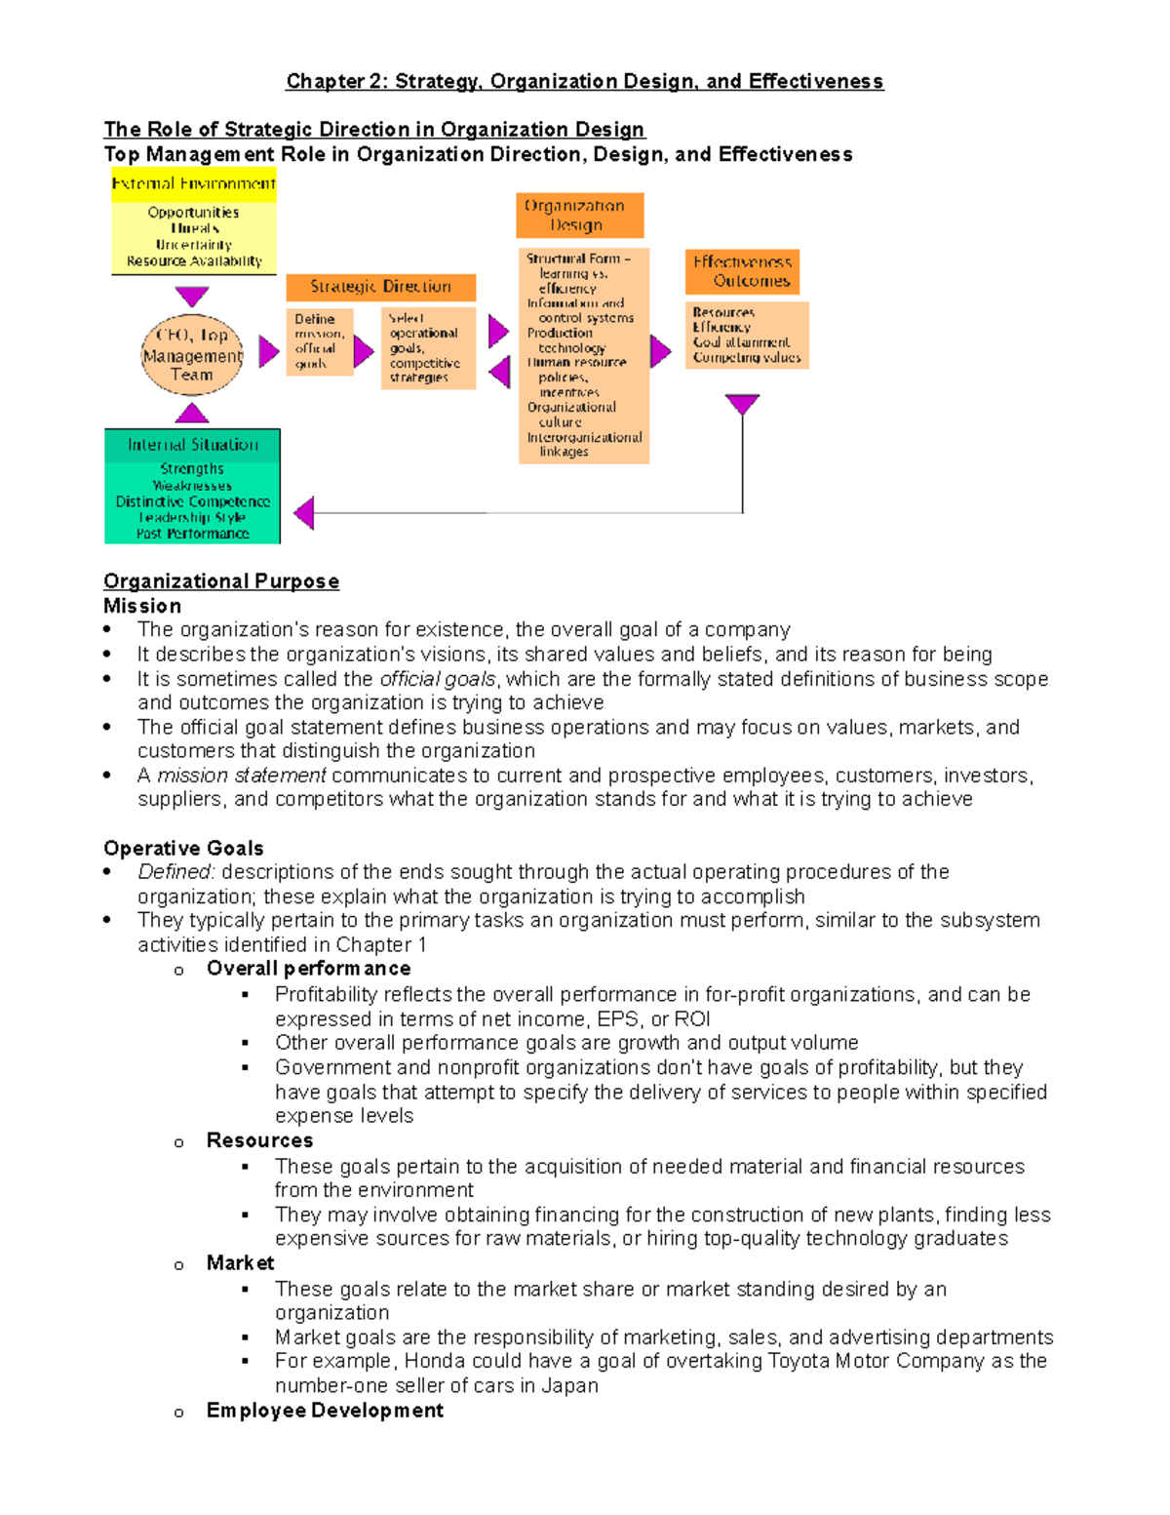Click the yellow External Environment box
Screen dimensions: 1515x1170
pyautogui.click(x=193, y=221)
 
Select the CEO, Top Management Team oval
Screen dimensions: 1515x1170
pyautogui.click(x=192, y=355)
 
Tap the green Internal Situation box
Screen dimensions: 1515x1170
pyautogui.click(x=192, y=486)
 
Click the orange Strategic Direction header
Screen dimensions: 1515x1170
pyautogui.click(x=380, y=287)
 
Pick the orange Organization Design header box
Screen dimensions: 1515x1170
pyautogui.click(x=579, y=216)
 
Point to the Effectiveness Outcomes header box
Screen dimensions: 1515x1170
pyautogui.click(x=742, y=271)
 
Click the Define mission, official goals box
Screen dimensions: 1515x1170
pyautogui.click(x=319, y=341)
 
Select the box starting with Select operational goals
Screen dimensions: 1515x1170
pyautogui.click(x=428, y=348)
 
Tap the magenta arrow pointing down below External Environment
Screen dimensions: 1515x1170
pyautogui.click(x=192, y=296)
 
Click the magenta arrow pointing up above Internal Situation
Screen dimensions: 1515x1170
pyautogui.click(x=192, y=413)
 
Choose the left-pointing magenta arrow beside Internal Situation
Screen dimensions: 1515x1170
pyautogui.click(x=304, y=512)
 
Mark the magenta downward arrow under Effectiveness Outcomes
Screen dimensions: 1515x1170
pyautogui.click(x=742, y=403)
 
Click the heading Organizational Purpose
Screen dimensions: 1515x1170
pyautogui.click(x=221, y=581)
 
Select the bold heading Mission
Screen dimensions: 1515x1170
pyautogui.click(x=142, y=606)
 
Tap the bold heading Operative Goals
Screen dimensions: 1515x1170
pyautogui.click(x=183, y=848)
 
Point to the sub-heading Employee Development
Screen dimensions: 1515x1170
pyautogui.click(x=325, y=1411)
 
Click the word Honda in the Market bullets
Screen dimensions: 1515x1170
pyautogui.click(x=434, y=1361)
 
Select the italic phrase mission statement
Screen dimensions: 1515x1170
pyautogui.click(x=242, y=776)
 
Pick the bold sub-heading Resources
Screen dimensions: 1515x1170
pyautogui.click(x=259, y=1140)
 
